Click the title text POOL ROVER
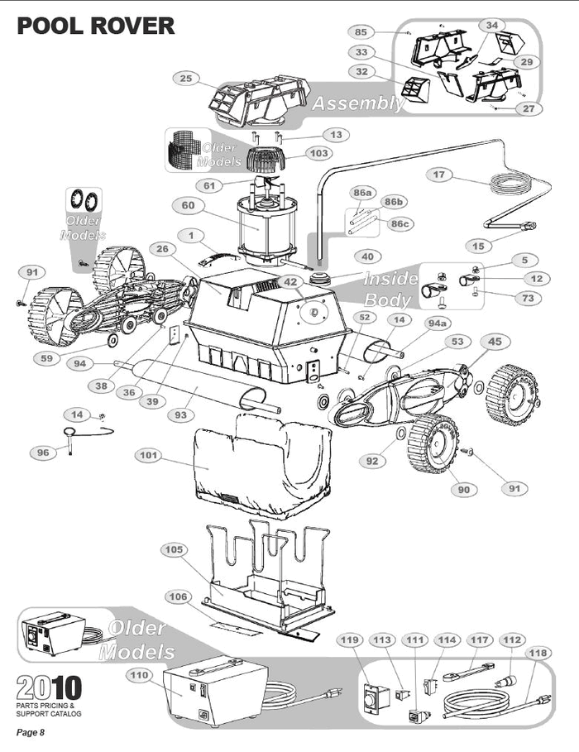96,25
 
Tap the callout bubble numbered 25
186,78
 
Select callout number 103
318,153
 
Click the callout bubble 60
188,204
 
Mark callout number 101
149,455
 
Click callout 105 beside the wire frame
174,549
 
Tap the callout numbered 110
139,675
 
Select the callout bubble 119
350,639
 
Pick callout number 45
494,341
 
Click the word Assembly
357,103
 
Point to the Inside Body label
389,290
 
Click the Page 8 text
31,733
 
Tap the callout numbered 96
41,453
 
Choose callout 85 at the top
361,32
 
